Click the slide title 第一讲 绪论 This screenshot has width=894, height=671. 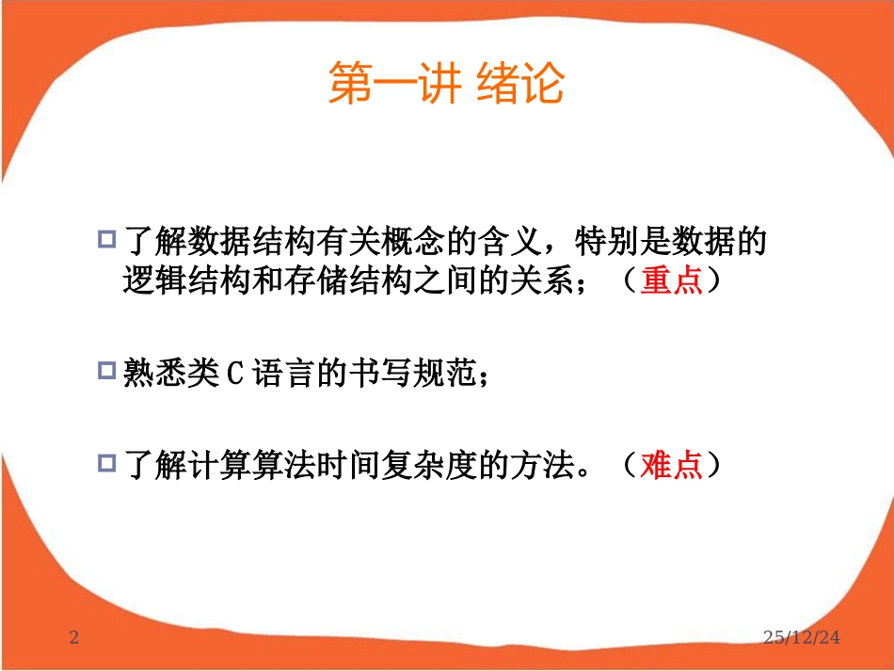445,84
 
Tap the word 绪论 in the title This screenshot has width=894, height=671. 520,84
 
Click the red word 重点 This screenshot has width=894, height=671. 672,282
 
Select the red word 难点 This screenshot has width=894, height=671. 672,466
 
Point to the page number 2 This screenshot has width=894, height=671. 75,639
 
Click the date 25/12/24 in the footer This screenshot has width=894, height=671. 802,639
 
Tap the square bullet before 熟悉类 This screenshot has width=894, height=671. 106,371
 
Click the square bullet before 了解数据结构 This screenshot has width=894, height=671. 106,239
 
